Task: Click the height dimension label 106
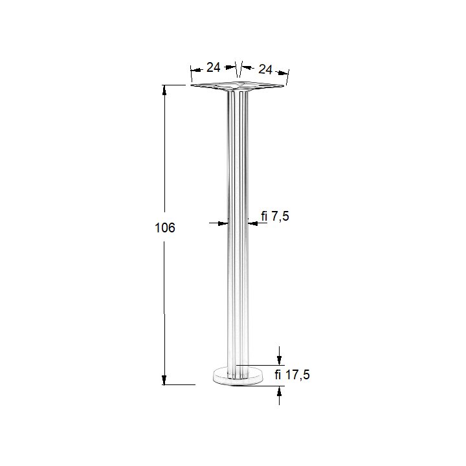165,228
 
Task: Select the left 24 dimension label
214,67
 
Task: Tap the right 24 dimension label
265,69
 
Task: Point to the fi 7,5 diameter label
275,216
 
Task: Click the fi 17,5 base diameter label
292,375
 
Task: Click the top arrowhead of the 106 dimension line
164,90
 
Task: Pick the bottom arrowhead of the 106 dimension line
164,380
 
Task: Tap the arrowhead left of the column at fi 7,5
223,223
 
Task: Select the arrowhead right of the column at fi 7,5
252,223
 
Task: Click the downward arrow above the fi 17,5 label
279,356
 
